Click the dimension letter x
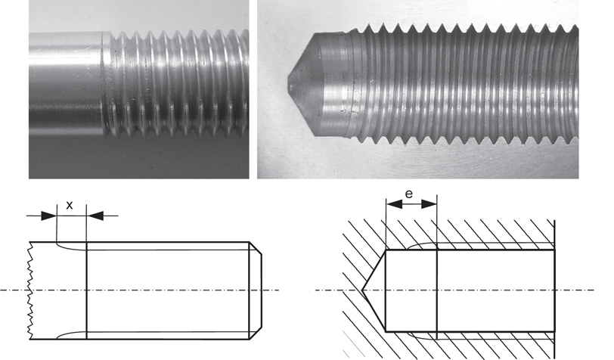pyautogui.click(x=70, y=205)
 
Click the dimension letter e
pyautogui.click(x=408, y=194)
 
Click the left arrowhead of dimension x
pyautogui.click(x=52, y=216)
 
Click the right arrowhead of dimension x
pyautogui.click(x=92, y=216)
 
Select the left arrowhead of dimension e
pyautogui.click(x=390, y=204)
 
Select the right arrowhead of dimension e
pyautogui.click(x=433, y=204)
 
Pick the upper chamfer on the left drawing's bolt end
pyautogui.click(x=256, y=249)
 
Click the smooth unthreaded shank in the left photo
pyautogui.click(x=64, y=83)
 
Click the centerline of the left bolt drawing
pyautogui.click(x=151, y=290)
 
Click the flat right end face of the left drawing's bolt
pyautogui.click(x=262, y=290)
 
